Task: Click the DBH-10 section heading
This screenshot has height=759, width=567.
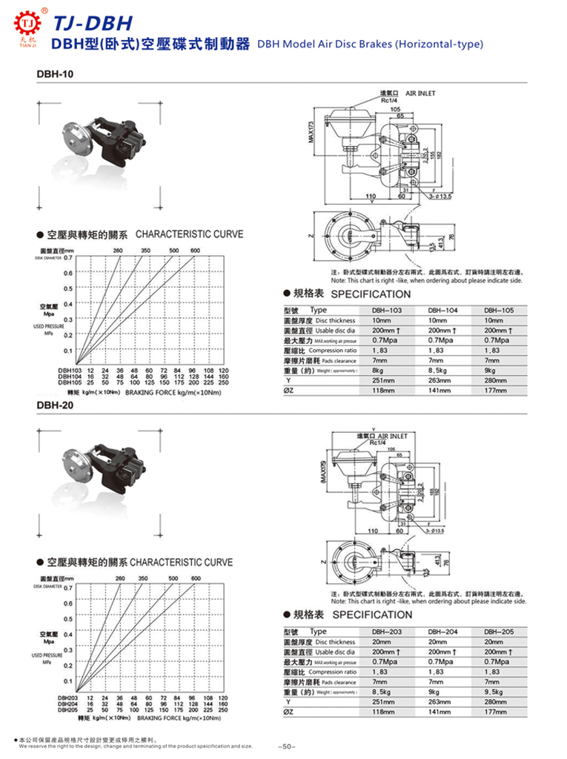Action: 53,74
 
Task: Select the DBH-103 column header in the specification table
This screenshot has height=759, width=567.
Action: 386,311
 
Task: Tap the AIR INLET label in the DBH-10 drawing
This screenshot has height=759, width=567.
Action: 422,94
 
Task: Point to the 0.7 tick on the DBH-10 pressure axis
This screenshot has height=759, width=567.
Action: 67,258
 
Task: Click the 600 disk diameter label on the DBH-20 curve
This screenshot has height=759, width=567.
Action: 196,578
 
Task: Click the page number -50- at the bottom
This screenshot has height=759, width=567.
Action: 286,746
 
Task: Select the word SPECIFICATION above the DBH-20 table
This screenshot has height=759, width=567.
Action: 372,615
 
